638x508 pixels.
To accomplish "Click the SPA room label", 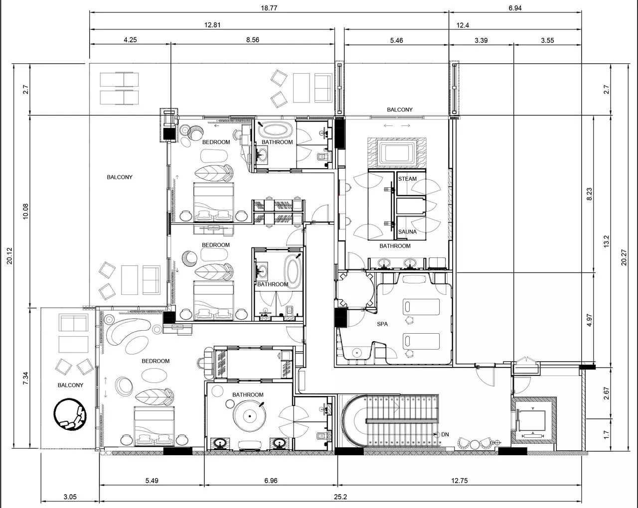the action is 382,324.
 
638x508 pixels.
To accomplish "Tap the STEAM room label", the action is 407,179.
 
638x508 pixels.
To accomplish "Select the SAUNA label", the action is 407,232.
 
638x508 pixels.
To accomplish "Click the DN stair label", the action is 445,435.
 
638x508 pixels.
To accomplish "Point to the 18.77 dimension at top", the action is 269,8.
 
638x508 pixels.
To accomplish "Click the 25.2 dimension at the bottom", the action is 340,497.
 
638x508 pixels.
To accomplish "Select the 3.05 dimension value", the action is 70,497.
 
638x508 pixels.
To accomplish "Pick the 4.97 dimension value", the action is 589,320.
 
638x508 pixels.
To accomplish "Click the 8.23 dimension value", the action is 589,194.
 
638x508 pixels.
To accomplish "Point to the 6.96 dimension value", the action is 271,481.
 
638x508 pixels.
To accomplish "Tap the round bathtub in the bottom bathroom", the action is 249,416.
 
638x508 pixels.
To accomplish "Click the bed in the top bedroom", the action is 213,202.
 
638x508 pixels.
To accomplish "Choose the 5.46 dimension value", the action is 396,40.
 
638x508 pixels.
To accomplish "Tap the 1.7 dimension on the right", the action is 606,435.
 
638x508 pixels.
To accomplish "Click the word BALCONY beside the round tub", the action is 70,385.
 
